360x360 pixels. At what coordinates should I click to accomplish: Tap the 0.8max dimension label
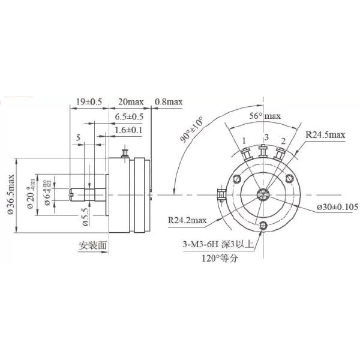(x=169, y=101)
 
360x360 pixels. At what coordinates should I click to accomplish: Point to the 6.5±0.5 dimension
(x=129, y=116)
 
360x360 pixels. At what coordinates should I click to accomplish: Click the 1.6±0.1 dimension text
(x=129, y=130)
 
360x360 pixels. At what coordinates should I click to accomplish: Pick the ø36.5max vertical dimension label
(x=10, y=194)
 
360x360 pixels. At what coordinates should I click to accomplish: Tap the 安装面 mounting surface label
(x=93, y=245)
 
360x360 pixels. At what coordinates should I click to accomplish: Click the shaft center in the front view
(x=263, y=193)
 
